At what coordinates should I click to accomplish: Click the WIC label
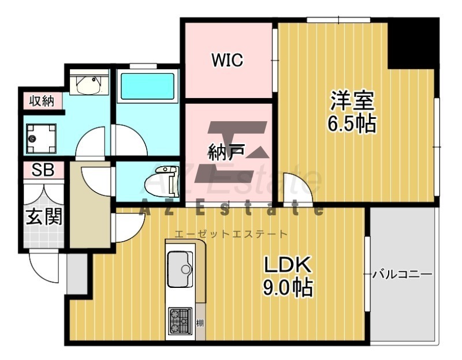tap(227, 60)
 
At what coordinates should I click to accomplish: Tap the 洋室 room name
tap(352, 100)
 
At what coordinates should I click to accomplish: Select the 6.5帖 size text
tap(352, 123)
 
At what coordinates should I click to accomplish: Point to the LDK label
tap(288, 265)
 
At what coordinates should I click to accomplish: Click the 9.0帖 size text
tap(288, 287)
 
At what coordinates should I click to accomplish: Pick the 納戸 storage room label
tap(226, 152)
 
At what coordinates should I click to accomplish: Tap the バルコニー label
tap(403, 275)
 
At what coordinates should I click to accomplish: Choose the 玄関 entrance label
tap(44, 217)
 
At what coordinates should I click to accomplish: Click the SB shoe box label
tap(43, 170)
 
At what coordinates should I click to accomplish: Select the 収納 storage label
tap(42, 101)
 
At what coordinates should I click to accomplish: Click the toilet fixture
tap(162, 181)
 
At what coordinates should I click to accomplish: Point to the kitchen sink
tap(180, 269)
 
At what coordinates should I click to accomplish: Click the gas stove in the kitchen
tap(180, 321)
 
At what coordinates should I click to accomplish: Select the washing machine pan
tap(41, 138)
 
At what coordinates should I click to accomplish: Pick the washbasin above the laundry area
tap(89, 82)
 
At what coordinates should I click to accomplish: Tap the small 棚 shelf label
tap(200, 324)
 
